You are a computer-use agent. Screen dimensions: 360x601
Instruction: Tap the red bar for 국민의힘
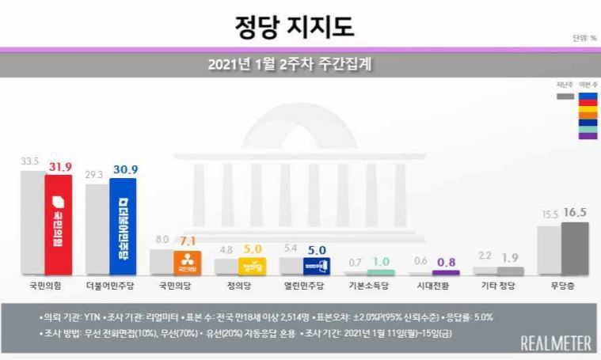click(x=59, y=225)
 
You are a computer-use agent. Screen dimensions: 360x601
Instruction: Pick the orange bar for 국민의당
click(x=187, y=263)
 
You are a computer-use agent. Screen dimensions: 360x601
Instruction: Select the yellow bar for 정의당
click(x=252, y=267)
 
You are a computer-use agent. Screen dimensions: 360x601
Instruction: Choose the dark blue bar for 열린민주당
click(x=316, y=267)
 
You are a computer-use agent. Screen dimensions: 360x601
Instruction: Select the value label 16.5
click(x=575, y=213)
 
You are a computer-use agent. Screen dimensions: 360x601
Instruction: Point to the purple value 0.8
click(x=446, y=263)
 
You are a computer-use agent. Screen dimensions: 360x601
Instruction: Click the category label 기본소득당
click(x=367, y=283)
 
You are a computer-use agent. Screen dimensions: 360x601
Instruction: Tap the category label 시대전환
click(x=432, y=283)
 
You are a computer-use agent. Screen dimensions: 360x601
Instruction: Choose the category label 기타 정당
click(x=496, y=283)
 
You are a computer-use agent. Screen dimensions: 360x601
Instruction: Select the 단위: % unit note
click(x=584, y=38)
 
